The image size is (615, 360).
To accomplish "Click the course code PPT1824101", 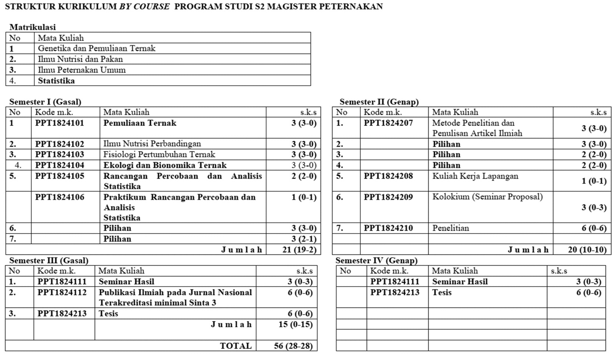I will coord(60,123).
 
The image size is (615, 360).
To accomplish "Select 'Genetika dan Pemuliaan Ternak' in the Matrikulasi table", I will coord(96,48).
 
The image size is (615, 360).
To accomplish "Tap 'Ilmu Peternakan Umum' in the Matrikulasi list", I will coord(81,70).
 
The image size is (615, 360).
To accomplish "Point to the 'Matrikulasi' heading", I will coord(33,27).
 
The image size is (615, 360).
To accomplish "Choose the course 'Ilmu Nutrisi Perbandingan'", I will coord(152,144).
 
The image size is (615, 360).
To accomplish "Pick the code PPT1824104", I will coord(60,165).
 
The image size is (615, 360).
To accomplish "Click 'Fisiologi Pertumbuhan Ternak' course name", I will coord(159,155).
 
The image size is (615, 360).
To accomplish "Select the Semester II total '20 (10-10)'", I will coord(587,250).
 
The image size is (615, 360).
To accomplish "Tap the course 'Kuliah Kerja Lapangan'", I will coord(475,176).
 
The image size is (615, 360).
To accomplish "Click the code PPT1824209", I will coord(388,197).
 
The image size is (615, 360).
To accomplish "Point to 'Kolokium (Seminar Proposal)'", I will coord(487,197).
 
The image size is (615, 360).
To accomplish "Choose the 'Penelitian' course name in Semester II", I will coord(450,228).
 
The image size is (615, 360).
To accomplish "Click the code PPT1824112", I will coord(62,293).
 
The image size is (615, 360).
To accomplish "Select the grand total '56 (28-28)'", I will coord(293,346).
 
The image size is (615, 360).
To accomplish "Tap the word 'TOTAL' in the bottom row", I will coord(236,346).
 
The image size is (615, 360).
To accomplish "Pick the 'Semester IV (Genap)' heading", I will coord(376,260).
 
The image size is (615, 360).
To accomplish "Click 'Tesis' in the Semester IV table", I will coord(442,293).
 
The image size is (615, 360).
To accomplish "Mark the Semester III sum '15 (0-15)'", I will coord(295,325).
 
